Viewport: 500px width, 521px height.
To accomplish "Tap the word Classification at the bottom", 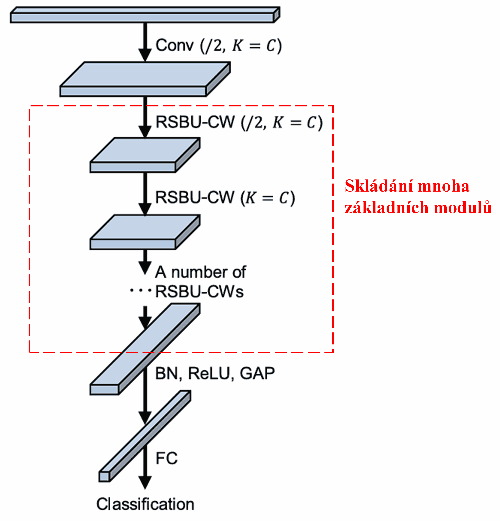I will (145, 504).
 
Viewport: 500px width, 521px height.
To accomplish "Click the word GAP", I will (257, 373).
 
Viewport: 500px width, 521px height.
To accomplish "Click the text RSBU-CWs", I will (199, 292).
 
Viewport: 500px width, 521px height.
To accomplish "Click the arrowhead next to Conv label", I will (145, 55).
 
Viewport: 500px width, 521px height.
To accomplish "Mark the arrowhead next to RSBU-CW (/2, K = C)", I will (145, 132).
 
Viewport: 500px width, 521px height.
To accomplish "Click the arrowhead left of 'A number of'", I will (145, 268).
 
